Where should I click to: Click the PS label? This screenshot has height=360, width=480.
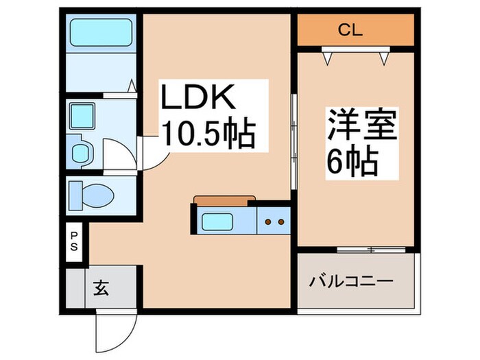[74, 241]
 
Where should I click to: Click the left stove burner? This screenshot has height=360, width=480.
[268, 222]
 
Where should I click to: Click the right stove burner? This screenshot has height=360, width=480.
[280, 222]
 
